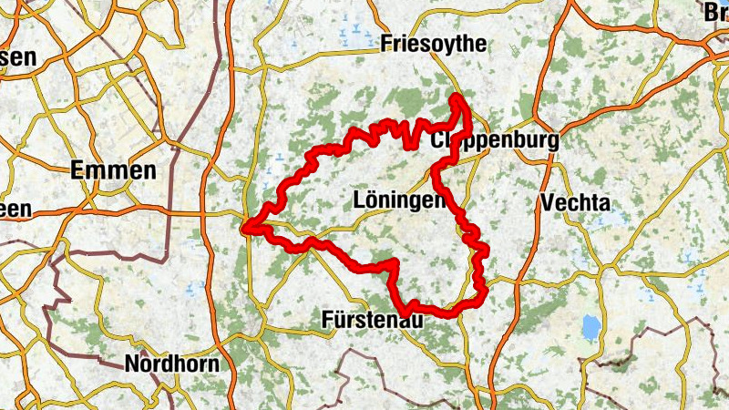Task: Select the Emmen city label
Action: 114,170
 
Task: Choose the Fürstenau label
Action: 372,319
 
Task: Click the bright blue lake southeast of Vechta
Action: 591,325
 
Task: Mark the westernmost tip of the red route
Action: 245,229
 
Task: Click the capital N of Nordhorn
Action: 133,364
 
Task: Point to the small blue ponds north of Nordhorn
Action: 191,290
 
